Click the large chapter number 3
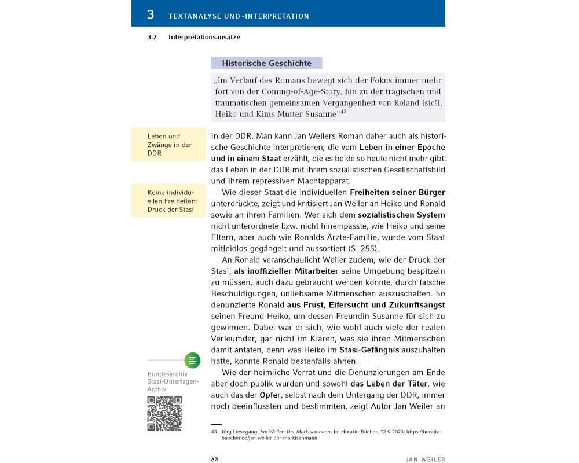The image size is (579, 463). (x=151, y=14)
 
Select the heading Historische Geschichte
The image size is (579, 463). (x=267, y=63)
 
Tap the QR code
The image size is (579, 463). (x=164, y=413)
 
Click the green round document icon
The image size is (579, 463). (x=192, y=360)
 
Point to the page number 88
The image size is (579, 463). (x=214, y=459)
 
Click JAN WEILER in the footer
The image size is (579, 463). (x=426, y=459)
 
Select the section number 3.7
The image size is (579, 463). (x=152, y=37)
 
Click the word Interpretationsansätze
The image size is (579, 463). (x=204, y=37)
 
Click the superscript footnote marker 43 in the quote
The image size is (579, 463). (x=343, y=112)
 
